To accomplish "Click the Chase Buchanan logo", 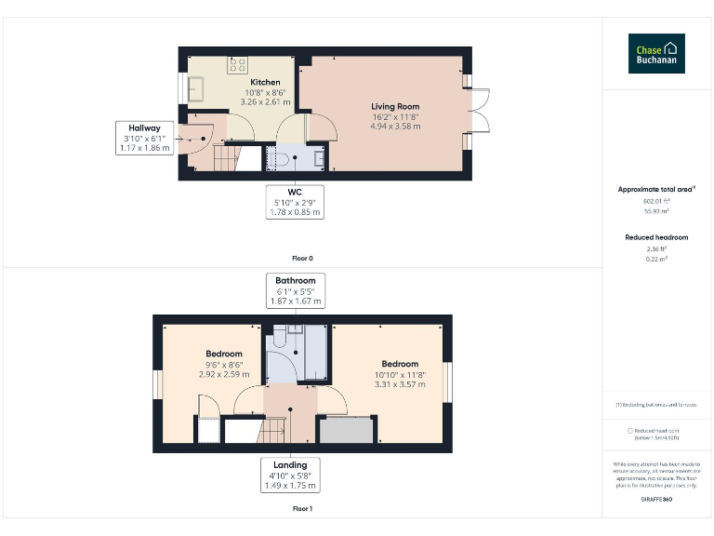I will (x=656, y=54).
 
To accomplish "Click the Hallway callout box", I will (x=145, y=138).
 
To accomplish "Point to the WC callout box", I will (x=295, y=202).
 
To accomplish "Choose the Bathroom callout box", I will (x=295, y=290).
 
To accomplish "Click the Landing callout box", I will (x=290, y=475).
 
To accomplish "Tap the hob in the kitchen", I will (x=238, y=65).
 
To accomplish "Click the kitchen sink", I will (x=197, y=88).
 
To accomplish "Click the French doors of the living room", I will (x=480, y=112).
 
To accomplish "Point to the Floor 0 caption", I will (x=302, y=258).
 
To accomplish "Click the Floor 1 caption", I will (x=302, y=509).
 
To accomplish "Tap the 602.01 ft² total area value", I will (x=656, y=200).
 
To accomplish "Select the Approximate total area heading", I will (x=656, y=189).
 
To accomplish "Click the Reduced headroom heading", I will (x=656, y=237).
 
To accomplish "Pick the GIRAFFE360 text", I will (x=656, y=500).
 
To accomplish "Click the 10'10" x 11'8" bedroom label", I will (x=400, y=374).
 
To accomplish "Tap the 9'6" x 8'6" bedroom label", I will (x=224, y=364).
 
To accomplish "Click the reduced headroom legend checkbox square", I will (x=630, y=431).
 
